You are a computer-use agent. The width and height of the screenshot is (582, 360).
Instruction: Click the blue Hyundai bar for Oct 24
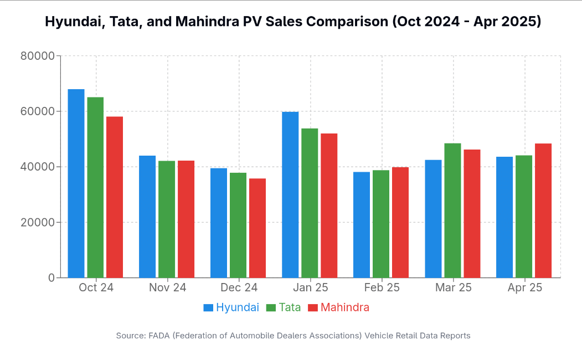coord(76,183)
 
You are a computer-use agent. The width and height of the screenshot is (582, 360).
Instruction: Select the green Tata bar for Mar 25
coord(452,210)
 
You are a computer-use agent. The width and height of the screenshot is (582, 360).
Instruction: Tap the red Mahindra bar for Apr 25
coord(543,210)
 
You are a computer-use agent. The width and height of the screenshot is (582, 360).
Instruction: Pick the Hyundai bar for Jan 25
coord(290,194)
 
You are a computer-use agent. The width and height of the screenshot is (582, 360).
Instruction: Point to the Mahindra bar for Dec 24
coord(257,228)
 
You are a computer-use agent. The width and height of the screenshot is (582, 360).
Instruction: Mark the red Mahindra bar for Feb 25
coord(400,222)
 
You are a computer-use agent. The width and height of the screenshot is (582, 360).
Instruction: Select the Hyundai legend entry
coord(231,307)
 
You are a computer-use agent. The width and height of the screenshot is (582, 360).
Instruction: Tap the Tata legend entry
coord(284,307)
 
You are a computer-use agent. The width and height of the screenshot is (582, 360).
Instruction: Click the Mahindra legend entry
coord(338,307)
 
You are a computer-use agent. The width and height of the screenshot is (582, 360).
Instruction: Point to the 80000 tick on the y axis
coord(37,56)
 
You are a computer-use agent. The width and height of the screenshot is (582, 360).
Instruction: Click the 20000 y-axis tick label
coord(37,222)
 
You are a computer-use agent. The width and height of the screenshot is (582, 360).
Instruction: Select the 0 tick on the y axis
coord(51,277)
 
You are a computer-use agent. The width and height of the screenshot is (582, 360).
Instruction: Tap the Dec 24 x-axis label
coord(239,288)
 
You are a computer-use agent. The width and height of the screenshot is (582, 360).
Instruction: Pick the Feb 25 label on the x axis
coord(382,288)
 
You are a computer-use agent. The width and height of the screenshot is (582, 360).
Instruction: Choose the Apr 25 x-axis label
coord(525,288)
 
